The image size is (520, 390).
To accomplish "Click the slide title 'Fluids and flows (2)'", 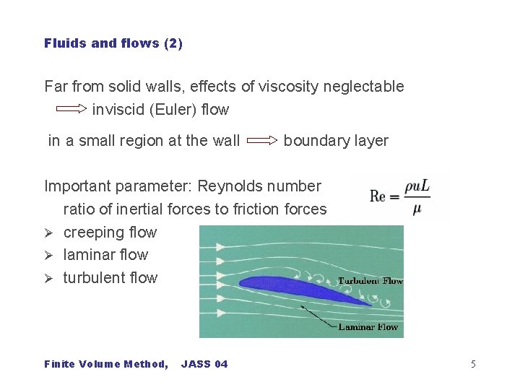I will (x=113, y=43).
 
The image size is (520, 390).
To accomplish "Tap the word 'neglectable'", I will (x=365, y=87).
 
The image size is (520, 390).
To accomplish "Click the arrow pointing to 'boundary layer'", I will (x=261, y=140).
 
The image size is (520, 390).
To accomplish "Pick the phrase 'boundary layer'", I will (x=336, y=140).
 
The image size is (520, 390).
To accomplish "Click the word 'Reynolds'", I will (x=229, y=186).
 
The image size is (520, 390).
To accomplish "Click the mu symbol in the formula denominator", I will (x=417, y=210).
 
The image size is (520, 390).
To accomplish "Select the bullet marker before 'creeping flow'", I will (x=49, y=233).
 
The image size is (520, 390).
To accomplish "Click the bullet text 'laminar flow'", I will (x=105, y=254).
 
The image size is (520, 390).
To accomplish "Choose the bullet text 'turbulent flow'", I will (x=110, y=277).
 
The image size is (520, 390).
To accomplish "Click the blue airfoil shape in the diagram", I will (x=303, y=288).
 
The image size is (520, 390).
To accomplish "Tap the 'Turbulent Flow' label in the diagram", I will (x=370, y=281).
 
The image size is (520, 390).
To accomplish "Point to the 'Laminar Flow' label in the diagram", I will (x=368, y=326).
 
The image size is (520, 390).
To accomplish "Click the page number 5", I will (x=473, y=364).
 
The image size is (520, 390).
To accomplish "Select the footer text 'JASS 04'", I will (x=204, y=364).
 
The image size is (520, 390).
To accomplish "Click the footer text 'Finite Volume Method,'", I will (x=106, y=364).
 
